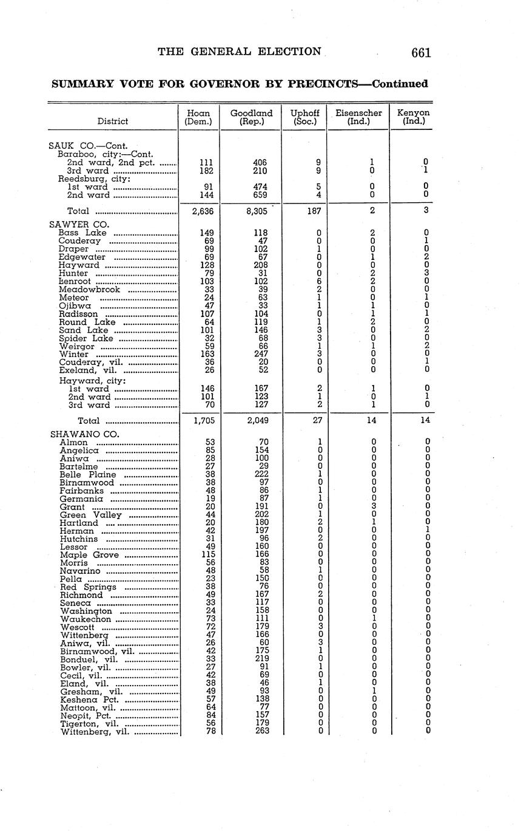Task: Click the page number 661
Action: (x=421, y=53)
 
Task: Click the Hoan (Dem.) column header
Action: (x=198, y=117)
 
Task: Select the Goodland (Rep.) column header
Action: (x=251, y=117)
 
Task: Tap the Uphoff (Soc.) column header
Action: (x=304, y=117)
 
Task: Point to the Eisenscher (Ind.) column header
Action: (x=358, y=117)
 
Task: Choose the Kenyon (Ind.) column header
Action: (x=413, y=117)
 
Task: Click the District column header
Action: (x=112, y=121)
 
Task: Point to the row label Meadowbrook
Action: (x=89, y=290)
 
